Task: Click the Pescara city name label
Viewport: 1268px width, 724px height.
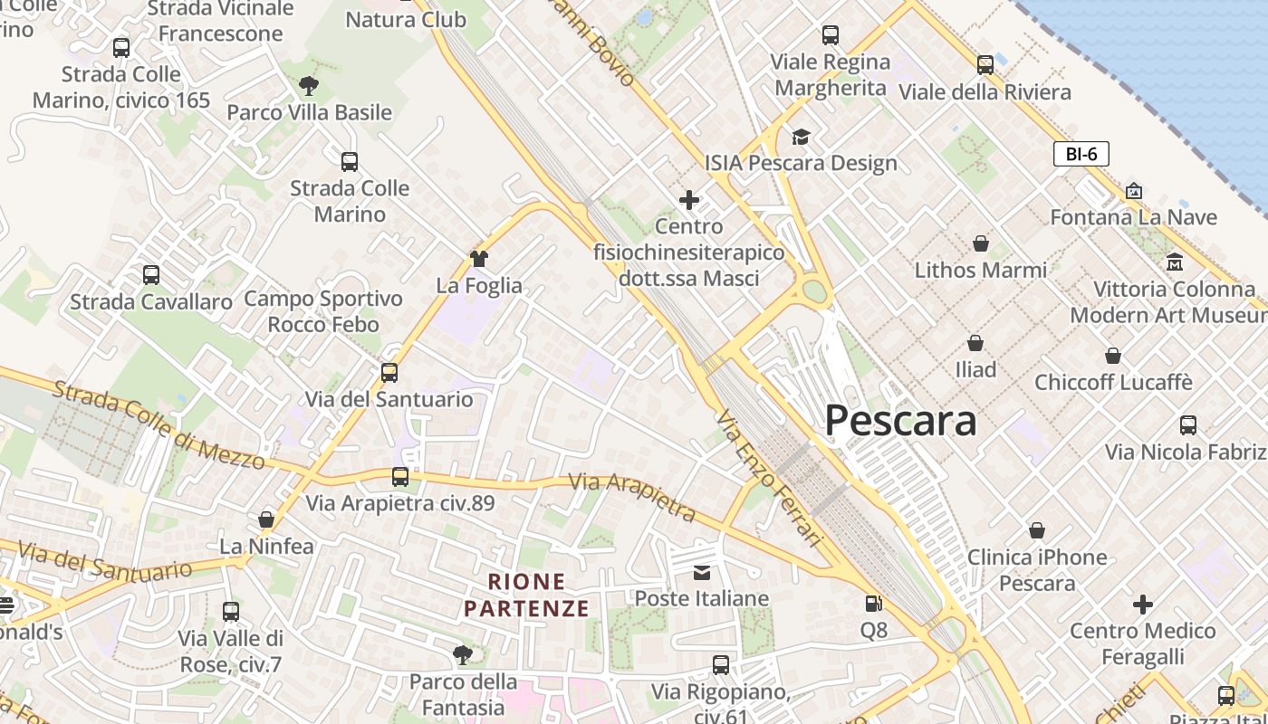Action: pyautogui.click(x=900, y=421)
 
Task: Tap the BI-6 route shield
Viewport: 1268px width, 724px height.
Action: pyautogui.click(x=1081, y=154)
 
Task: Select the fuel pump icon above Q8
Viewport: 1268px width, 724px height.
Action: pyautogui.click(x=873, y=603)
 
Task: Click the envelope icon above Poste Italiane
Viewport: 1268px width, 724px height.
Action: pyautogui.click(x=702, y=572)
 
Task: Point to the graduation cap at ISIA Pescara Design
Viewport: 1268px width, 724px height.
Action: pyautogui.click(x=801, y=137)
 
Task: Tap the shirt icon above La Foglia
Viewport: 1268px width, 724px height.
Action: pyautogui.click(x=479, y=259)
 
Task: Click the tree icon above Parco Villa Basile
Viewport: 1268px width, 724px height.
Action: pyautogui.click(x=309, y=86)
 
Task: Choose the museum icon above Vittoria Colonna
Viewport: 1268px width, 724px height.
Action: pyautogui.click(x=1175, y=262)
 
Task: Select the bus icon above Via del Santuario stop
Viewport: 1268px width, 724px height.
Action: pyautogui.click(x=389, y=372)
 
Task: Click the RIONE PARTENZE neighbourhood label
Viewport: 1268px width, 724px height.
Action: pyautogui.click(x=527, y=595)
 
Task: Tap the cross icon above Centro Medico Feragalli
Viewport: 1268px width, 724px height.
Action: pyautogui.click(x=1143, y=604)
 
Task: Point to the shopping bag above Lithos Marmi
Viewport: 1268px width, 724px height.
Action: pyautogui.click(x=980, y=243)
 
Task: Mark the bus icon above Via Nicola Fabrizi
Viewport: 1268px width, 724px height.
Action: pyautogui.click(x=1188, y=424)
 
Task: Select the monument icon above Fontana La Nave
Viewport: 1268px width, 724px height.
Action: pyautogui.click(x=1133, y=191)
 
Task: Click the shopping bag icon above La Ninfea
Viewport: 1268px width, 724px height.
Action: pyautogui.click(x=266, y=519)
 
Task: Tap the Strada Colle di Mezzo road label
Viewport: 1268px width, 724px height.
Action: pyautogui.click(x=158, y=424)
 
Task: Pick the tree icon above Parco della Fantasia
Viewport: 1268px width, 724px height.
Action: pyautogui.click(x=463, y=654)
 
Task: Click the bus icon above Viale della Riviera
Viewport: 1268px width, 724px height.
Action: pyautogui.click(x=985, y=65)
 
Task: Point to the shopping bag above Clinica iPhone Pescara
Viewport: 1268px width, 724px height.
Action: pyautogui.click(x=1037, y=530)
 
